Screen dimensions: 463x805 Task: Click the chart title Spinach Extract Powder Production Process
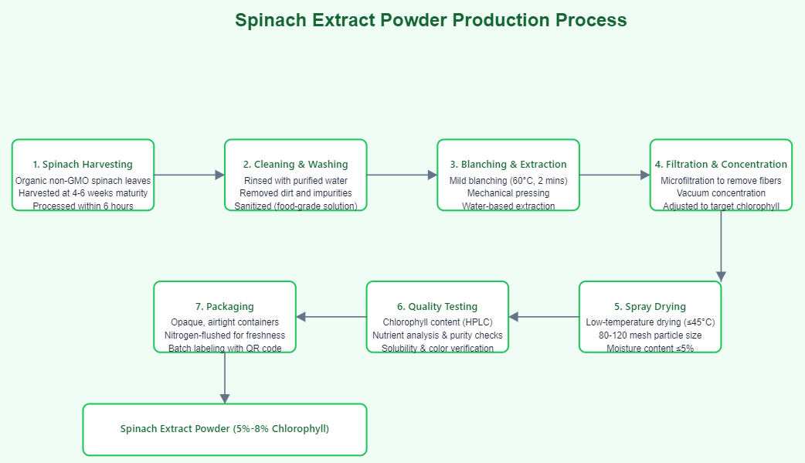tap(430, 21)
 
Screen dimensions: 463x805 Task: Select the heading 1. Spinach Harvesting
tap(83, 165)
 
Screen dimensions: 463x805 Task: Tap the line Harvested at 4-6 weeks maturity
tap(83, 193)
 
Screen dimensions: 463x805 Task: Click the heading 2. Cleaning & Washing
tap(295, 165)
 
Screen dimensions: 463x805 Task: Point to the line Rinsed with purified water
tap(295, 180)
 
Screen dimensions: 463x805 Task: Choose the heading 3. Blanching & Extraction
tap(508, 165)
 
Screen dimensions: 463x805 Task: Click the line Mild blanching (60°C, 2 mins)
tap(508, 180)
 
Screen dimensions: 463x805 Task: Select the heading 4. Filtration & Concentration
tap(721, 165)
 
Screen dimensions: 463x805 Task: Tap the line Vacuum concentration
tap(721, 193)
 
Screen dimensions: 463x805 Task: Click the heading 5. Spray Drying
tap(650, 307)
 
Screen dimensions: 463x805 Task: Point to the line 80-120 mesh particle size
tap(650, 335)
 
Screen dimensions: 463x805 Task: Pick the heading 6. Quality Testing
tap(437, 307)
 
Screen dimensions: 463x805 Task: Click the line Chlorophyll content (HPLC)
tap(437, 322)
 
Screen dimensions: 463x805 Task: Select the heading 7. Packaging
tap(225, 307)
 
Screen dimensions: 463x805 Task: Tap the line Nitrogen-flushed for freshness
tap(225, 335)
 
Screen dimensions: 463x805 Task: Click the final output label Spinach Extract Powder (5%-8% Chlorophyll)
tap(225, 429)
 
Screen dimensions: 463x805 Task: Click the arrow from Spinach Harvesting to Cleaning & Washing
tap(189, 175)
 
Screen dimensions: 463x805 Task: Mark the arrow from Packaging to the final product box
tap(225, 378)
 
